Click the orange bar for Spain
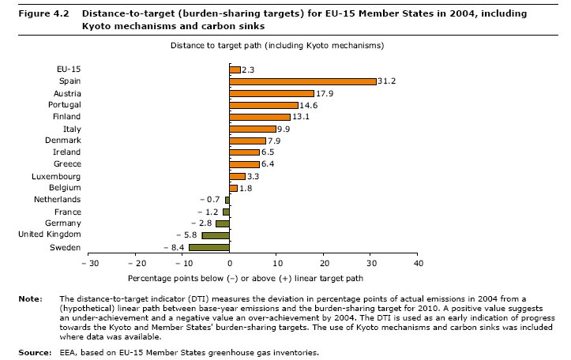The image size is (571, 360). [x=302, y=81]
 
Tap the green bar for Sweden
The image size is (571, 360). [x=209, y=247]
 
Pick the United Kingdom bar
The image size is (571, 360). [x=216, y=235]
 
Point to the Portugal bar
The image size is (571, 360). [x=264, y=105]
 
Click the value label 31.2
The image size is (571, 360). [x=387, y=81]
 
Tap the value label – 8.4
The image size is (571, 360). [x=174, y=247]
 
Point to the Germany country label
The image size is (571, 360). [x=60, y=223]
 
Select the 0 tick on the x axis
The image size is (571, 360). [x=230, y=264]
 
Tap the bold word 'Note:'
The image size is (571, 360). [x=29, y=298]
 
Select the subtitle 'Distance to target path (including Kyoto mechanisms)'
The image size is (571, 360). [x=277, y=46]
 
